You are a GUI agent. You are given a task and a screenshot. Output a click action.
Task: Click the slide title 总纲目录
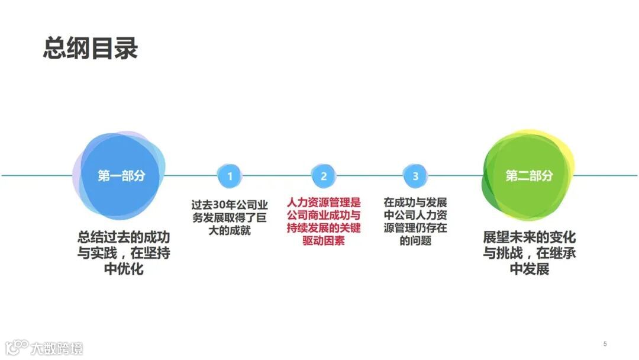(90, 48)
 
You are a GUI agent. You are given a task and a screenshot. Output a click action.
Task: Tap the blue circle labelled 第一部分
(121, 176)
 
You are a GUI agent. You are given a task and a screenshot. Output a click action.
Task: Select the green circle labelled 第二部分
(528, 176)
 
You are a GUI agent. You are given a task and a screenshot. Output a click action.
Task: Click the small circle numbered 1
(230, 176)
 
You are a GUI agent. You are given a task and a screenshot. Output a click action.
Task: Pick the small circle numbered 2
(324, 176)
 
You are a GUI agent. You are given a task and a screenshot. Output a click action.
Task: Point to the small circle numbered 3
(415, 176)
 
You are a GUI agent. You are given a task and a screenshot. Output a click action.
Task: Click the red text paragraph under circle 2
(323, 221)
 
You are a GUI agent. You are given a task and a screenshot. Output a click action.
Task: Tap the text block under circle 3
(415, 221)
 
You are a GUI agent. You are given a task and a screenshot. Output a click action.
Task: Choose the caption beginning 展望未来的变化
(529, 253)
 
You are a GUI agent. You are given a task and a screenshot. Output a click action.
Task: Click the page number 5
(605, 344)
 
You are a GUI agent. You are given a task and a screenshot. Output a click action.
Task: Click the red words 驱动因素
(323, 241)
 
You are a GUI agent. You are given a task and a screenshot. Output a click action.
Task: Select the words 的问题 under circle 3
(415, 241)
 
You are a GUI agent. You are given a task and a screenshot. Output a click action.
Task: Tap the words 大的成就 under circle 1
(230, 230)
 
